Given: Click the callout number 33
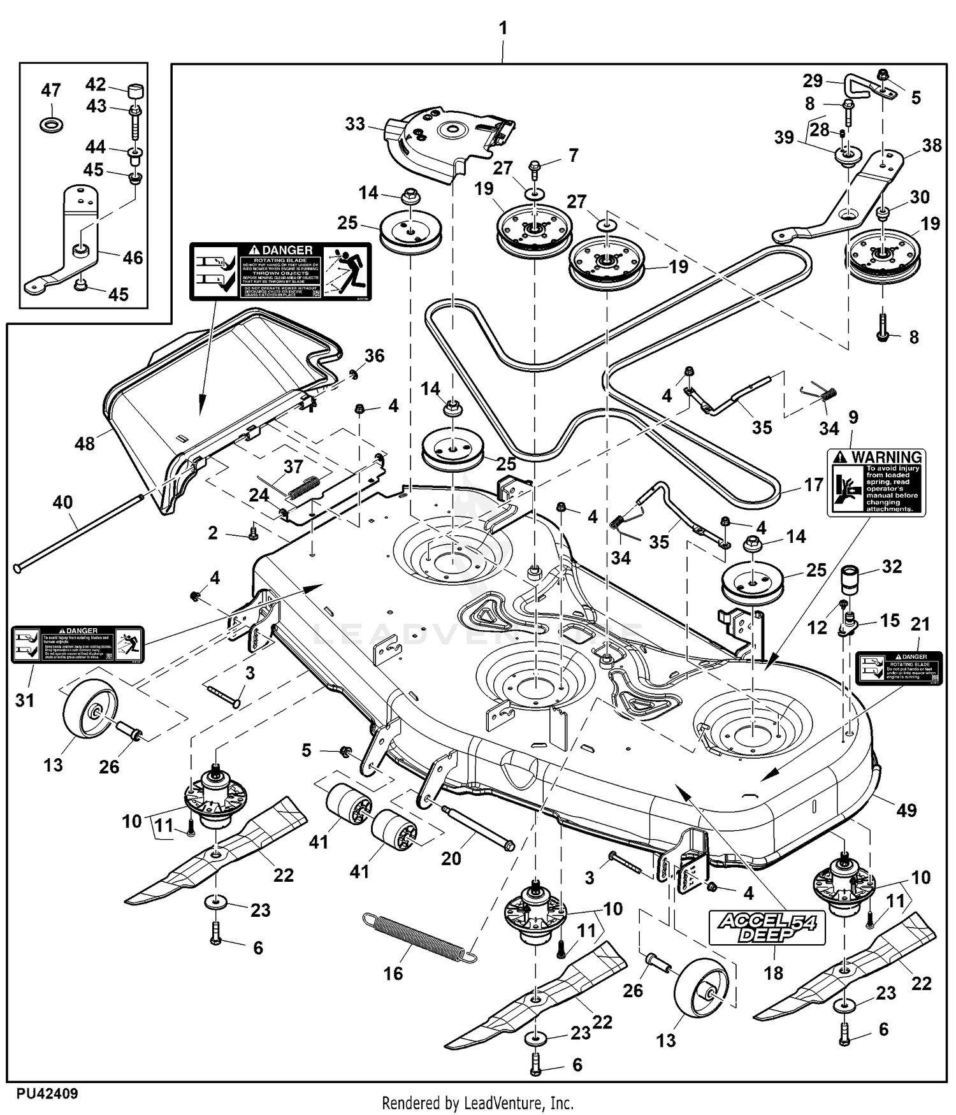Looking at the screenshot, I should [x=355, y=124].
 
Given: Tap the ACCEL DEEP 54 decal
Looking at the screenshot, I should [x=767, y=927].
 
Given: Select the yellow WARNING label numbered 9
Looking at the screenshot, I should [x=876, y=482].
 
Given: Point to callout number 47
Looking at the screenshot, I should [x=51, y=90].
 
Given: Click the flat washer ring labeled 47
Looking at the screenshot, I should [x=51, y=123].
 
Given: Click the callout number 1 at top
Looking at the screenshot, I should [x=503, y=28].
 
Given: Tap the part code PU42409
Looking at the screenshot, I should [x=48, y=1093].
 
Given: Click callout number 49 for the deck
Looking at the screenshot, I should [x=906, y=810].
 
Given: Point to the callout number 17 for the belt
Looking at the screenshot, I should [x=813, y=485].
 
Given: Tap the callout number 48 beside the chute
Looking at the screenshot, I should [x=85, y=443].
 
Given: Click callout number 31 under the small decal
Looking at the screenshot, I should [x=24, y=700].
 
